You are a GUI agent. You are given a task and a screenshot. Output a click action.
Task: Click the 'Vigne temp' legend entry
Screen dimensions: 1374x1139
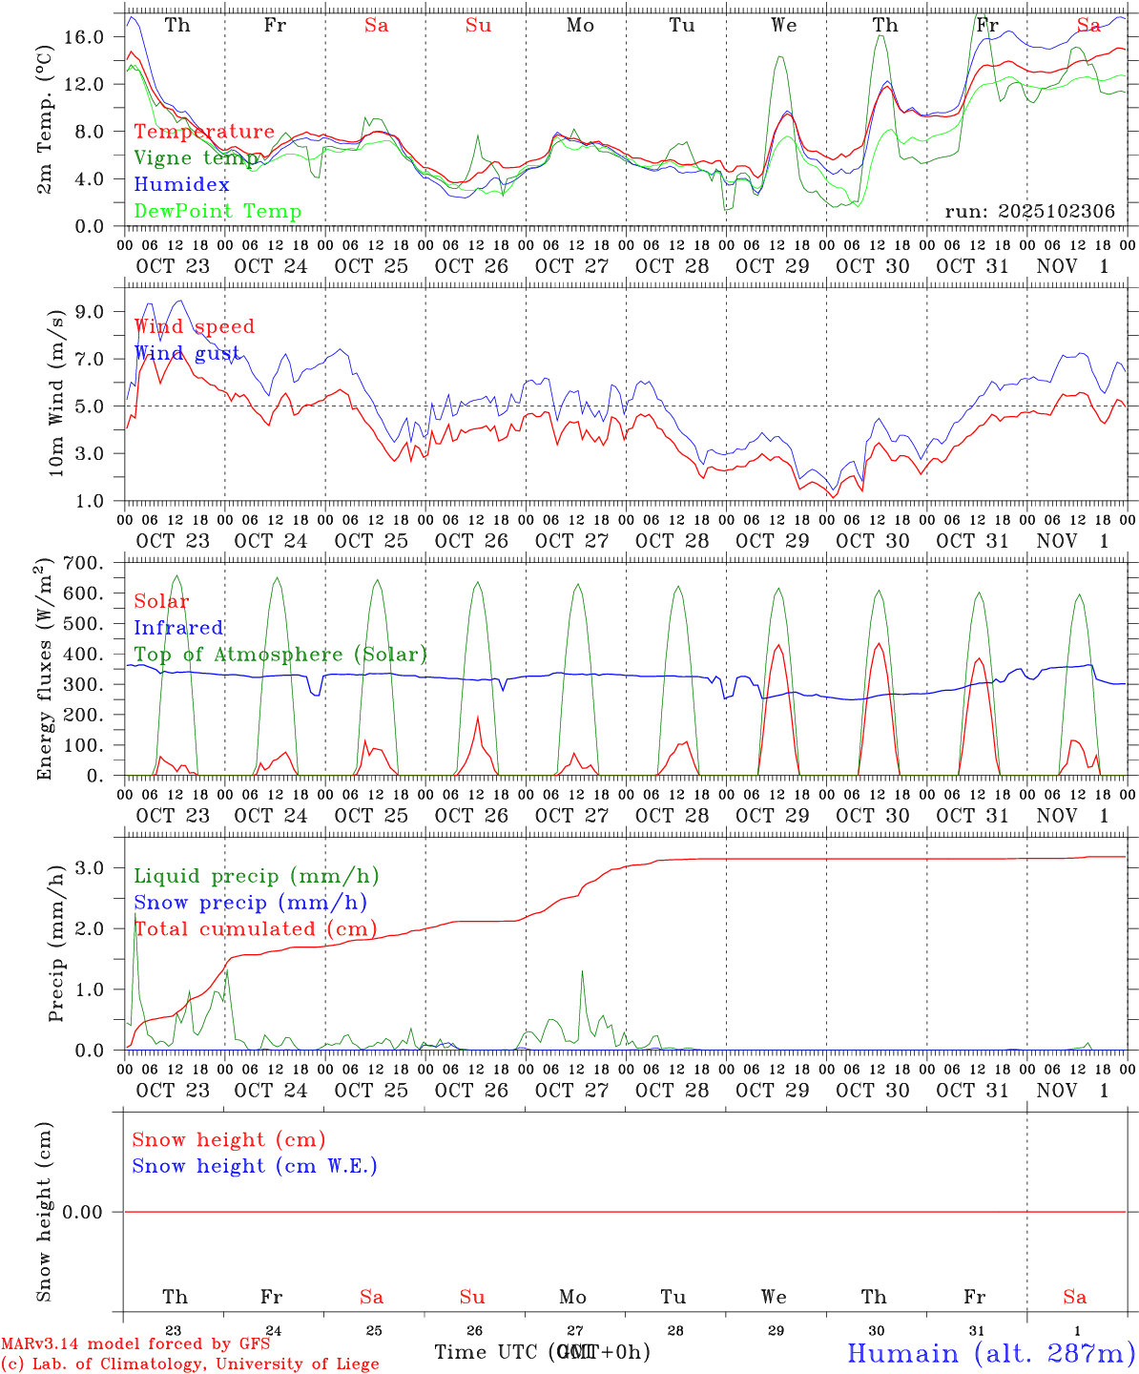[196, 158]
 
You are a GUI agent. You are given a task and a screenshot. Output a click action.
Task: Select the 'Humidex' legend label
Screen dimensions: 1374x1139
[181, 185]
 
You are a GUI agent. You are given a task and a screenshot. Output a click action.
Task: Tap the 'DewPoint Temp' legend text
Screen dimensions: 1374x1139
[217, 212]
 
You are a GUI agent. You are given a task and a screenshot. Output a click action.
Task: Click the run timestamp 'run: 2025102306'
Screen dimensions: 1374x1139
[1029, 212]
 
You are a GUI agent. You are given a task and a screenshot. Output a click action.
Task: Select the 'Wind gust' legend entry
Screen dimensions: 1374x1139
[187, 353]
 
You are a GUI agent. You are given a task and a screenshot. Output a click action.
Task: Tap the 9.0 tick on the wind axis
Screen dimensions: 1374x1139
[90, 311]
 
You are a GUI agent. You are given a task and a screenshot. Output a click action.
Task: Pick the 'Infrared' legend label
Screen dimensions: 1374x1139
[178, 628]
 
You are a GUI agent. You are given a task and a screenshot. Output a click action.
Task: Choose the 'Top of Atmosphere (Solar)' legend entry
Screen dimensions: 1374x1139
[280, 655]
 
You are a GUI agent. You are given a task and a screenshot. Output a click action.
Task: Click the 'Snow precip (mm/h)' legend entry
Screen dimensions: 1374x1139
[250, 903]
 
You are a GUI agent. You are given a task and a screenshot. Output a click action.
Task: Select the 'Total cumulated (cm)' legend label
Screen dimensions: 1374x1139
[255, 929]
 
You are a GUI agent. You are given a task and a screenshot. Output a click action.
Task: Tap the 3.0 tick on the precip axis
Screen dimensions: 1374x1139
[90, 867]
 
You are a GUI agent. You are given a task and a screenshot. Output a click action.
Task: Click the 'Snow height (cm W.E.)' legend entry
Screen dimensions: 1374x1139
[255, 1166]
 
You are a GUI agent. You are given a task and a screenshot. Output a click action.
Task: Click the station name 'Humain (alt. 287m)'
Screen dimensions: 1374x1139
[990, 1353]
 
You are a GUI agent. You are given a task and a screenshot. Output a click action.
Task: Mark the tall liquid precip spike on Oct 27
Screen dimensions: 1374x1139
[582, 972]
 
